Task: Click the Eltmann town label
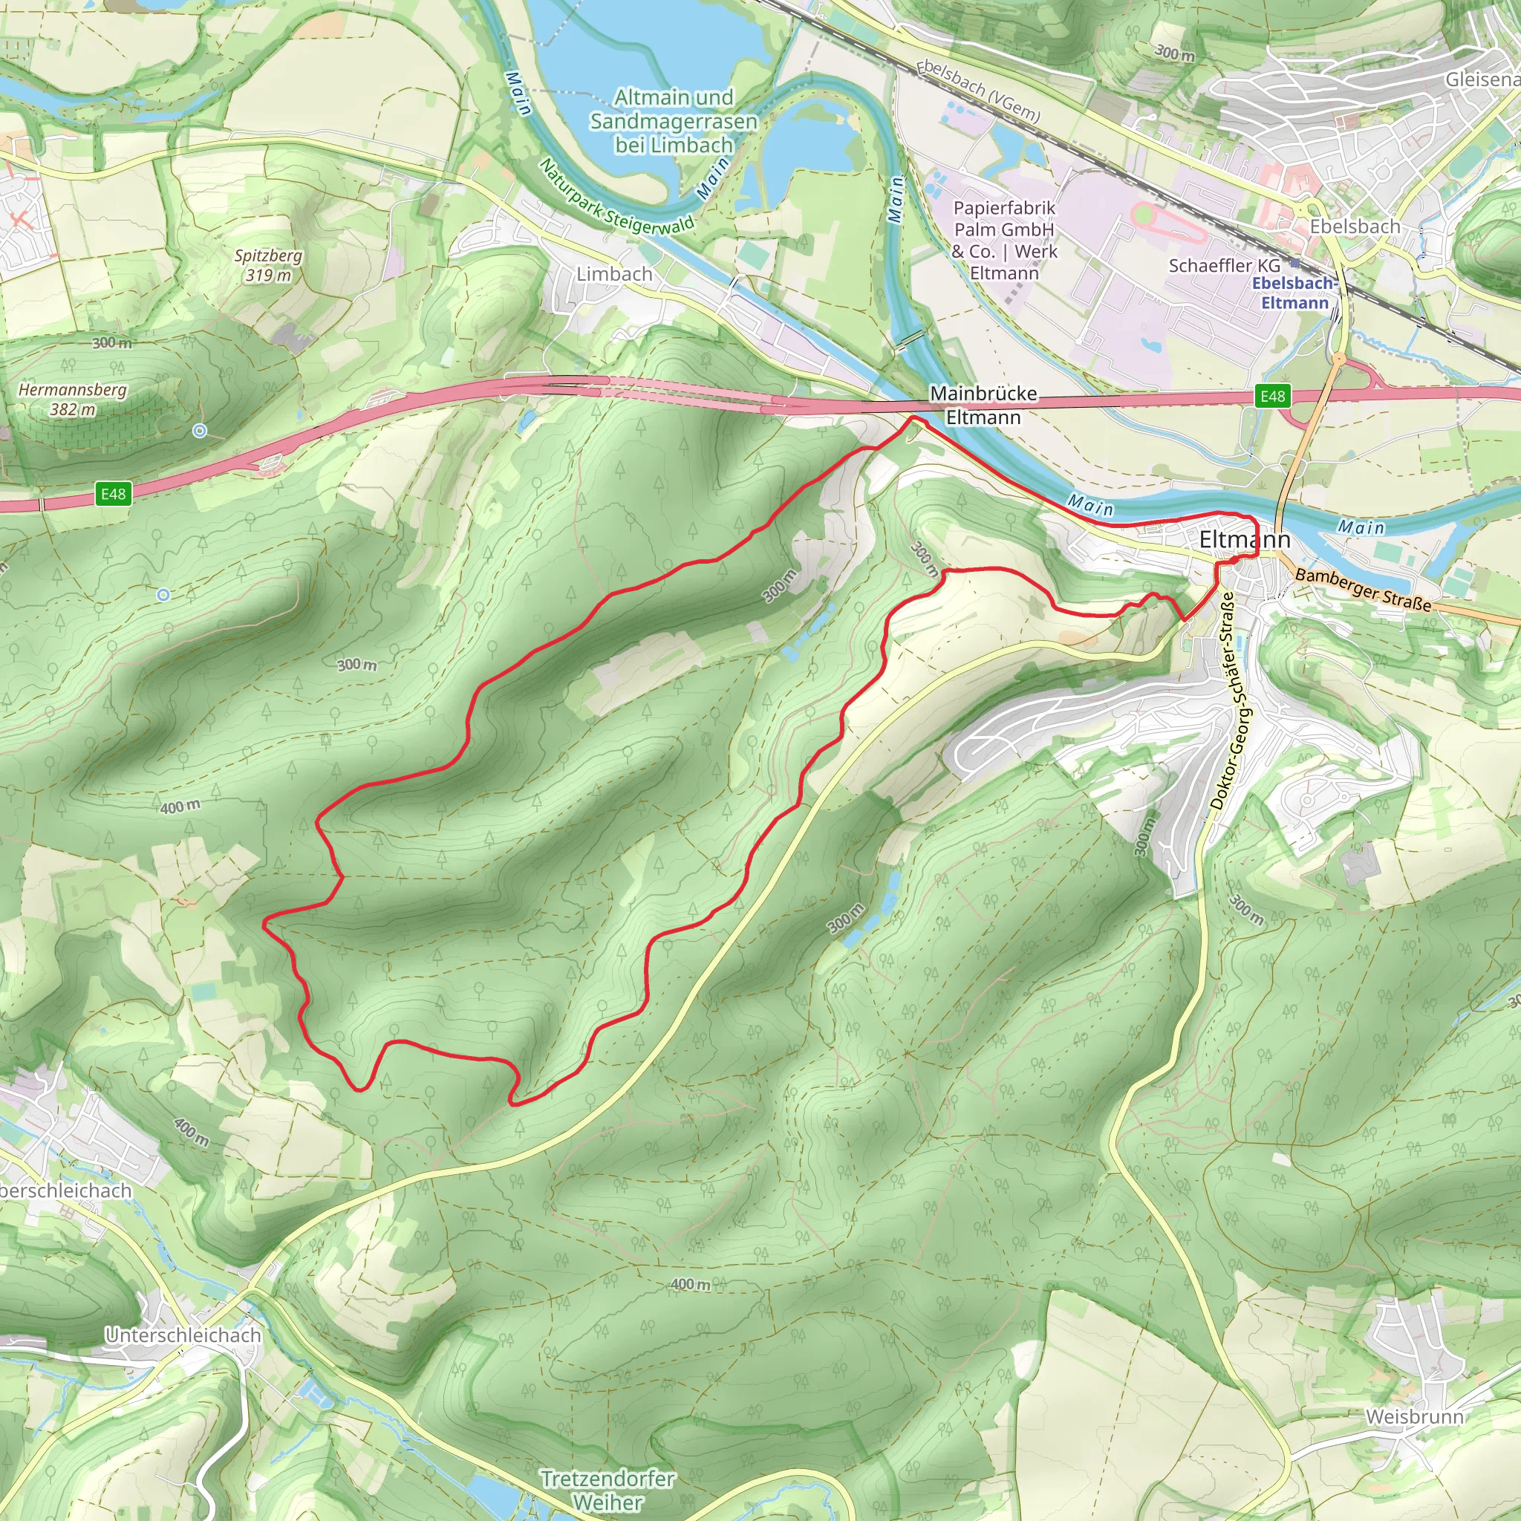click(1244, 539)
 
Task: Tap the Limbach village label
click(614, 274)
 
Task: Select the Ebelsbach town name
click(1355, 227)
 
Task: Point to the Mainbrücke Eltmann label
click(983, 405)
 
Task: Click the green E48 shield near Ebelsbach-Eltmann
click(1272, 396)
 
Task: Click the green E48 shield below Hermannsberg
click(114, 494)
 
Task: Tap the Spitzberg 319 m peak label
click(268, 265)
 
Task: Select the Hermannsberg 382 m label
click(73, 399)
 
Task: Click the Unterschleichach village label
click(183, 1335)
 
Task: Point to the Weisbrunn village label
click(1415, 1416)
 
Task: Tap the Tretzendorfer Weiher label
click(607, 1491)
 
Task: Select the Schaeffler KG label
click(1224, 266)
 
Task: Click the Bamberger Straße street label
click(1363, 590)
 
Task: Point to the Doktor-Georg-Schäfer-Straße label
click(1232, 701)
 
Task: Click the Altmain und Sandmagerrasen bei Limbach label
click(674, 121)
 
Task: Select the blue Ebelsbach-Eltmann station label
click(1294, 293)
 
